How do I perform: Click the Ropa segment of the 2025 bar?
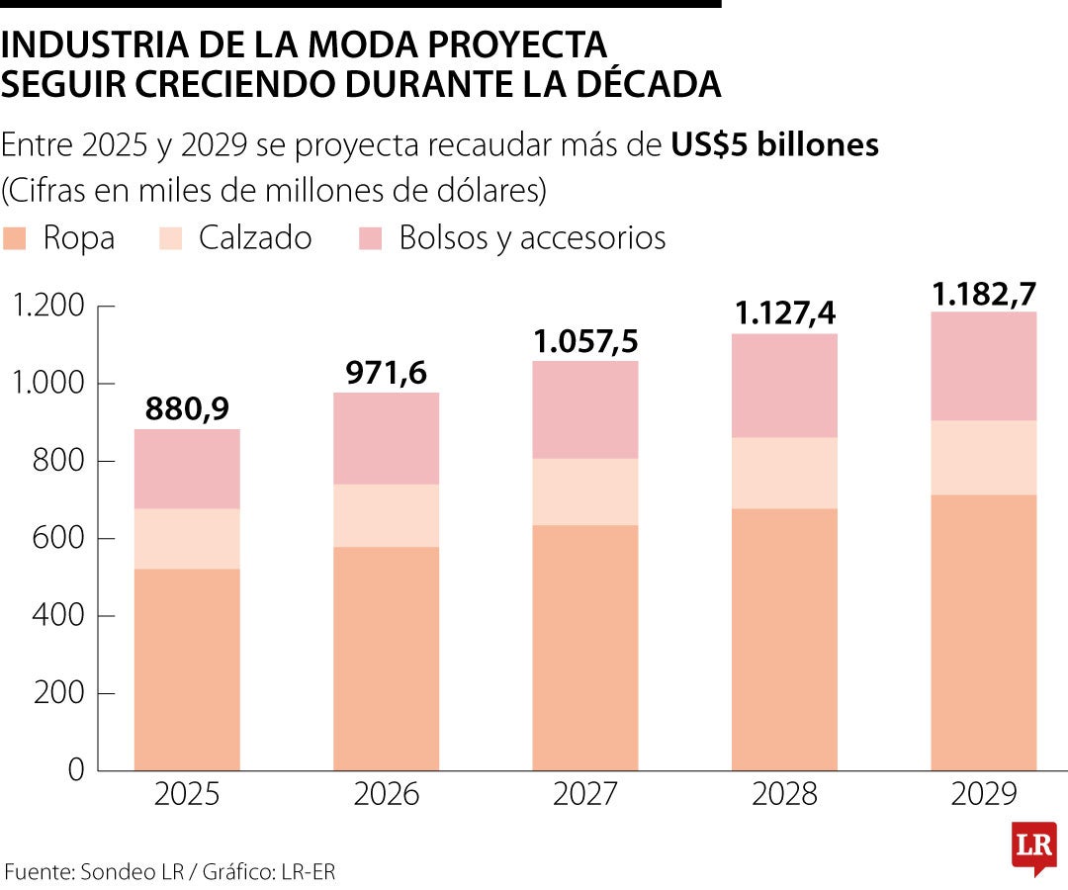[187, 669]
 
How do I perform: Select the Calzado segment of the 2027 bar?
[585, 491]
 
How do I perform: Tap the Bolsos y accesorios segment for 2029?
[984, 366]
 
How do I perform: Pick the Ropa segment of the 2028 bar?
[784, 639]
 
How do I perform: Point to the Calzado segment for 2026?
[386, 515]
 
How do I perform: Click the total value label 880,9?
[187, 408]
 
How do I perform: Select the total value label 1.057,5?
[585, 341]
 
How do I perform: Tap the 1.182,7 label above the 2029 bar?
[984, 294]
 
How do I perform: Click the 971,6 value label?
[386, 373]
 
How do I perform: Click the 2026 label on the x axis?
[386, 795]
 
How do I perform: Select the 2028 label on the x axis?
[784, 795]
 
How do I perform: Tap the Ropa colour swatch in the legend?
[15, 238]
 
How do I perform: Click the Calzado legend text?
[255, 238]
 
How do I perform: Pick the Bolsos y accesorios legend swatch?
[370, 238]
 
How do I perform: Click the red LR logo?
[1032, 846]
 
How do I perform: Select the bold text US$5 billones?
[774, 145]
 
